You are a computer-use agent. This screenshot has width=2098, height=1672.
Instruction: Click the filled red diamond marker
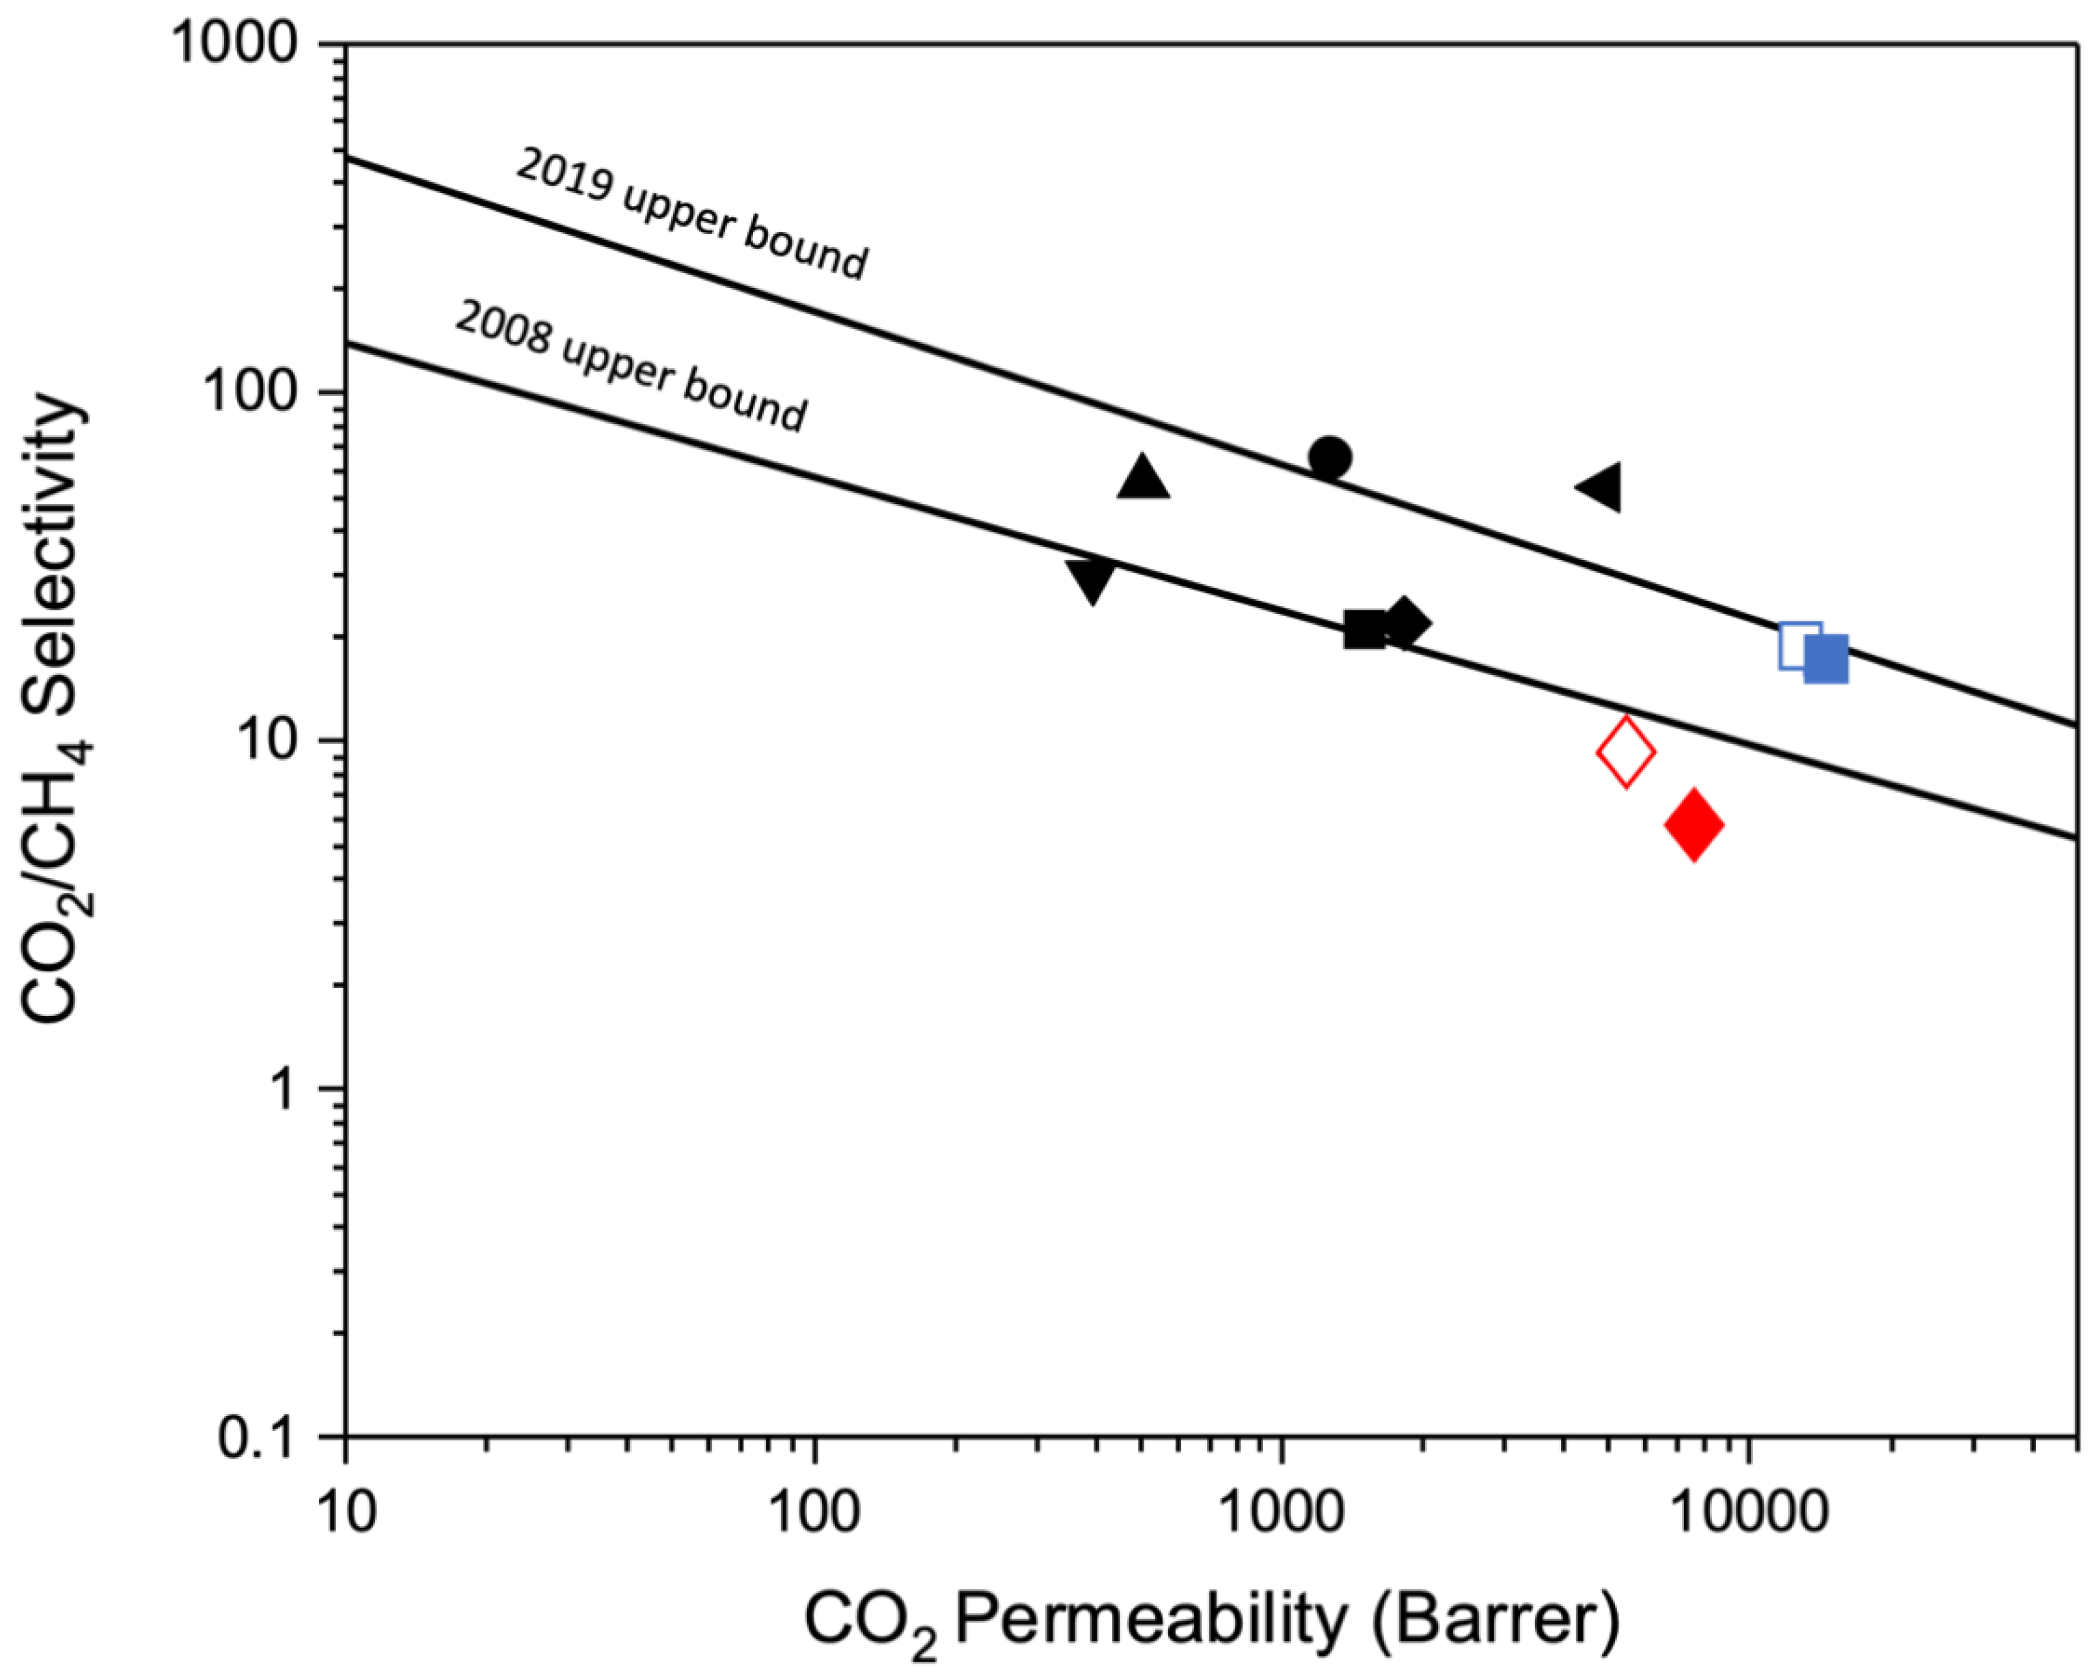tap(1693, 825)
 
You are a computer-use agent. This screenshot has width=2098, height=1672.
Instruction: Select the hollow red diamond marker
tap(1626, 752)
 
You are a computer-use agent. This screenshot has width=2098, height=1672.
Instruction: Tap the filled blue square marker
tap(1825, 660)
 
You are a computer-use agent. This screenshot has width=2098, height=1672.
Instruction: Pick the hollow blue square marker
tap(1799, 645)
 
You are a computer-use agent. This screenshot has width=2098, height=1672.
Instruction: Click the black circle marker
tap(1329, 456)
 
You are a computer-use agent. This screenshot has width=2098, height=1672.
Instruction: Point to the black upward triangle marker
tap(1144, 479)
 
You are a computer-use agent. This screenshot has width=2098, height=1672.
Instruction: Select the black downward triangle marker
tap(1091, 581)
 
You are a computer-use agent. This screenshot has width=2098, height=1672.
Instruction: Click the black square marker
tap(1364, 630)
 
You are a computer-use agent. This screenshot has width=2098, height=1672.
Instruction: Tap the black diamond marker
tap(1403, 623)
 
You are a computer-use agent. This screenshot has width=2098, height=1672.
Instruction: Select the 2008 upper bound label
tap(631, 367)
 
